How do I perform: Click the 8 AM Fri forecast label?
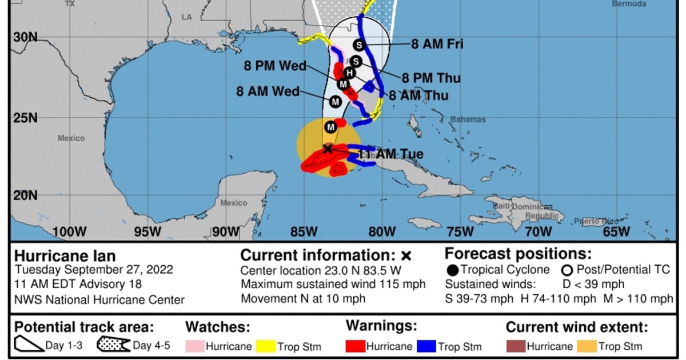(437, 44)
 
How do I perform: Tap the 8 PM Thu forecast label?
(431, 78)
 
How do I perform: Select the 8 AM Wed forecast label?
(268, 91)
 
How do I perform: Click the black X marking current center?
(327, 149)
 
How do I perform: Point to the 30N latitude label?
(25, 37)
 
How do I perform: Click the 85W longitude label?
(304, 231)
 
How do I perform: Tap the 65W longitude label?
(616, 231)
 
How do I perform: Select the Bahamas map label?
(468, 119)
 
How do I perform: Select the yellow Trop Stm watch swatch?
(266, 346)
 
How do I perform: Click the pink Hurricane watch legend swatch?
(194, 346)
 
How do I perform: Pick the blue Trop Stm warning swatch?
(426, 346)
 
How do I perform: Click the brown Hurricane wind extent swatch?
(515, 346)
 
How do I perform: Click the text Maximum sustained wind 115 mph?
(333, 285)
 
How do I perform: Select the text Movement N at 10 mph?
(303, 299)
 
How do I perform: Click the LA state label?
(187, 17)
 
